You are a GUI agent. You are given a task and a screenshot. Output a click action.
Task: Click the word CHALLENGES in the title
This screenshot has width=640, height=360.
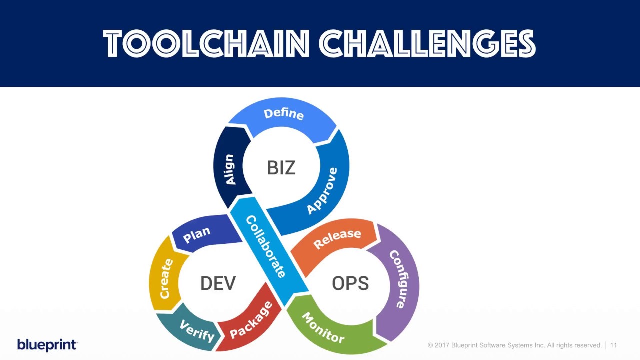(427, 44)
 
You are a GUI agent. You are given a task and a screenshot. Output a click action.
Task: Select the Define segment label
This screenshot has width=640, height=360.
(283, 114)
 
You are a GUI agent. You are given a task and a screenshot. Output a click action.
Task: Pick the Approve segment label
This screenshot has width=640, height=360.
(322, 191)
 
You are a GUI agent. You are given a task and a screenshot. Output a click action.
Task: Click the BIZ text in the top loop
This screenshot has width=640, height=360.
(281, 168)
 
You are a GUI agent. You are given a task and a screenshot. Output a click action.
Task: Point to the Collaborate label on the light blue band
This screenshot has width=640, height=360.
(265, 246)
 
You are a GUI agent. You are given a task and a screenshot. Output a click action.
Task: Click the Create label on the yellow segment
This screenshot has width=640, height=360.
(166, 279)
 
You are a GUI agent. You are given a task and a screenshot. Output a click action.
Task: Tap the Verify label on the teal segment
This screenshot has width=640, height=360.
(197, 330)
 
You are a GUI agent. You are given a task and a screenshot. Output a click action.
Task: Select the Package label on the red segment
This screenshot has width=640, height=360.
(251, 320)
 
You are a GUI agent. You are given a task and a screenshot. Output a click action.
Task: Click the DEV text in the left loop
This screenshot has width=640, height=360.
(218, 283)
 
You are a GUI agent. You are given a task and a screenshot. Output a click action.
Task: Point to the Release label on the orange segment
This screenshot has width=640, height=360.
(337, 238)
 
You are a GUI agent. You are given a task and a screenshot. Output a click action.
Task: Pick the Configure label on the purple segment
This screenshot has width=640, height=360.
(398, 279)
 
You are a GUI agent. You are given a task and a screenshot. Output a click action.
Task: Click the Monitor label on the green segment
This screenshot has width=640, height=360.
(323, 328)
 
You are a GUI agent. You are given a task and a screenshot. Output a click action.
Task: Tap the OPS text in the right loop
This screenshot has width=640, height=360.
(350, 283)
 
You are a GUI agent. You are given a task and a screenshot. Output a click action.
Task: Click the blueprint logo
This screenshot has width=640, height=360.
(47, 345)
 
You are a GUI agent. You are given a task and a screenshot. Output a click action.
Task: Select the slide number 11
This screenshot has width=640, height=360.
(613, 345)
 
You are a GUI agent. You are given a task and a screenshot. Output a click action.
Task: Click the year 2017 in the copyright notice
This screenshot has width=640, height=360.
(443, 345)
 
